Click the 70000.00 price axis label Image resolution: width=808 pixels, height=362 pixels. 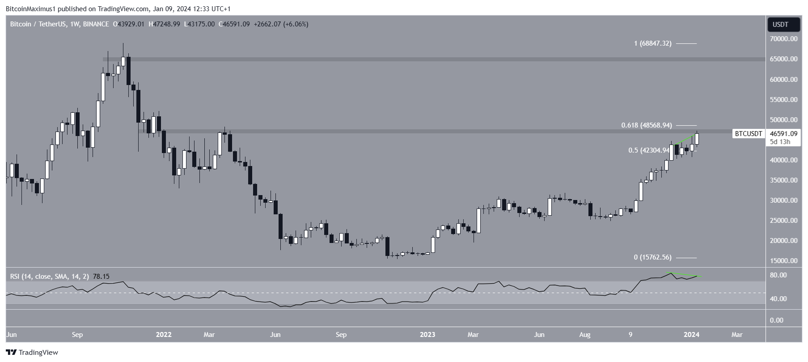[x=783, y=39]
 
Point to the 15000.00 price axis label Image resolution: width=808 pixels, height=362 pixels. [x=783, y=261]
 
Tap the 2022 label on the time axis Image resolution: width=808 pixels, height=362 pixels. [x=164, y=335]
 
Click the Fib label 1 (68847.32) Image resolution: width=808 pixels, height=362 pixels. [x=652, y=44]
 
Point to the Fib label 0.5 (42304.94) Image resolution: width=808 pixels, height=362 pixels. [x=649, y=150]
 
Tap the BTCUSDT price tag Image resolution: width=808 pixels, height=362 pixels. [x=748, y=134]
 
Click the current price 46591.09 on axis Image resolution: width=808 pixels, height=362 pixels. [x=783, y=133]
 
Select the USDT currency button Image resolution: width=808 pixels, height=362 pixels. [x=783, y=25]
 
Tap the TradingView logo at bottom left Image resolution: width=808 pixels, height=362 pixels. [x=32, y=353]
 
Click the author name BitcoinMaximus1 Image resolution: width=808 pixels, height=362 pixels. [x=30, y=9]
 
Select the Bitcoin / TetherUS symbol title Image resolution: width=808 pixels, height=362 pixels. [x=38, y=24]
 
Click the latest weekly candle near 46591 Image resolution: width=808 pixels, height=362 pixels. [x=697, y=139]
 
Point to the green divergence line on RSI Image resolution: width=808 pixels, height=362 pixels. [x=684, y=274]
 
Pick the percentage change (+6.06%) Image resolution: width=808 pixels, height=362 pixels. [x=294, y=24]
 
